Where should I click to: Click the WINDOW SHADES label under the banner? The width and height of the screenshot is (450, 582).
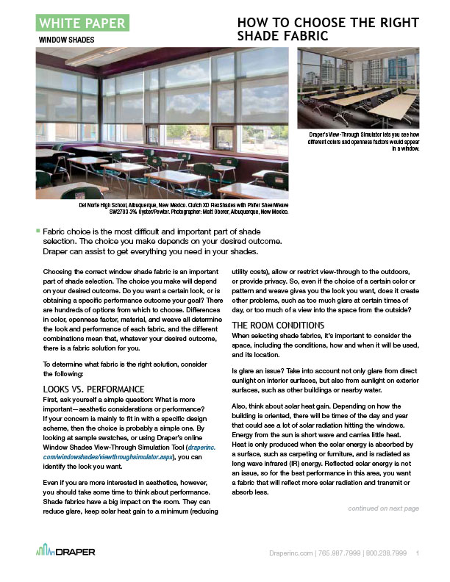66,40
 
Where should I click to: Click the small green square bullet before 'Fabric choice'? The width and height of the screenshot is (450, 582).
37,231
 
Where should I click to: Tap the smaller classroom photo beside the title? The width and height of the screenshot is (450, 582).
358,88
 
